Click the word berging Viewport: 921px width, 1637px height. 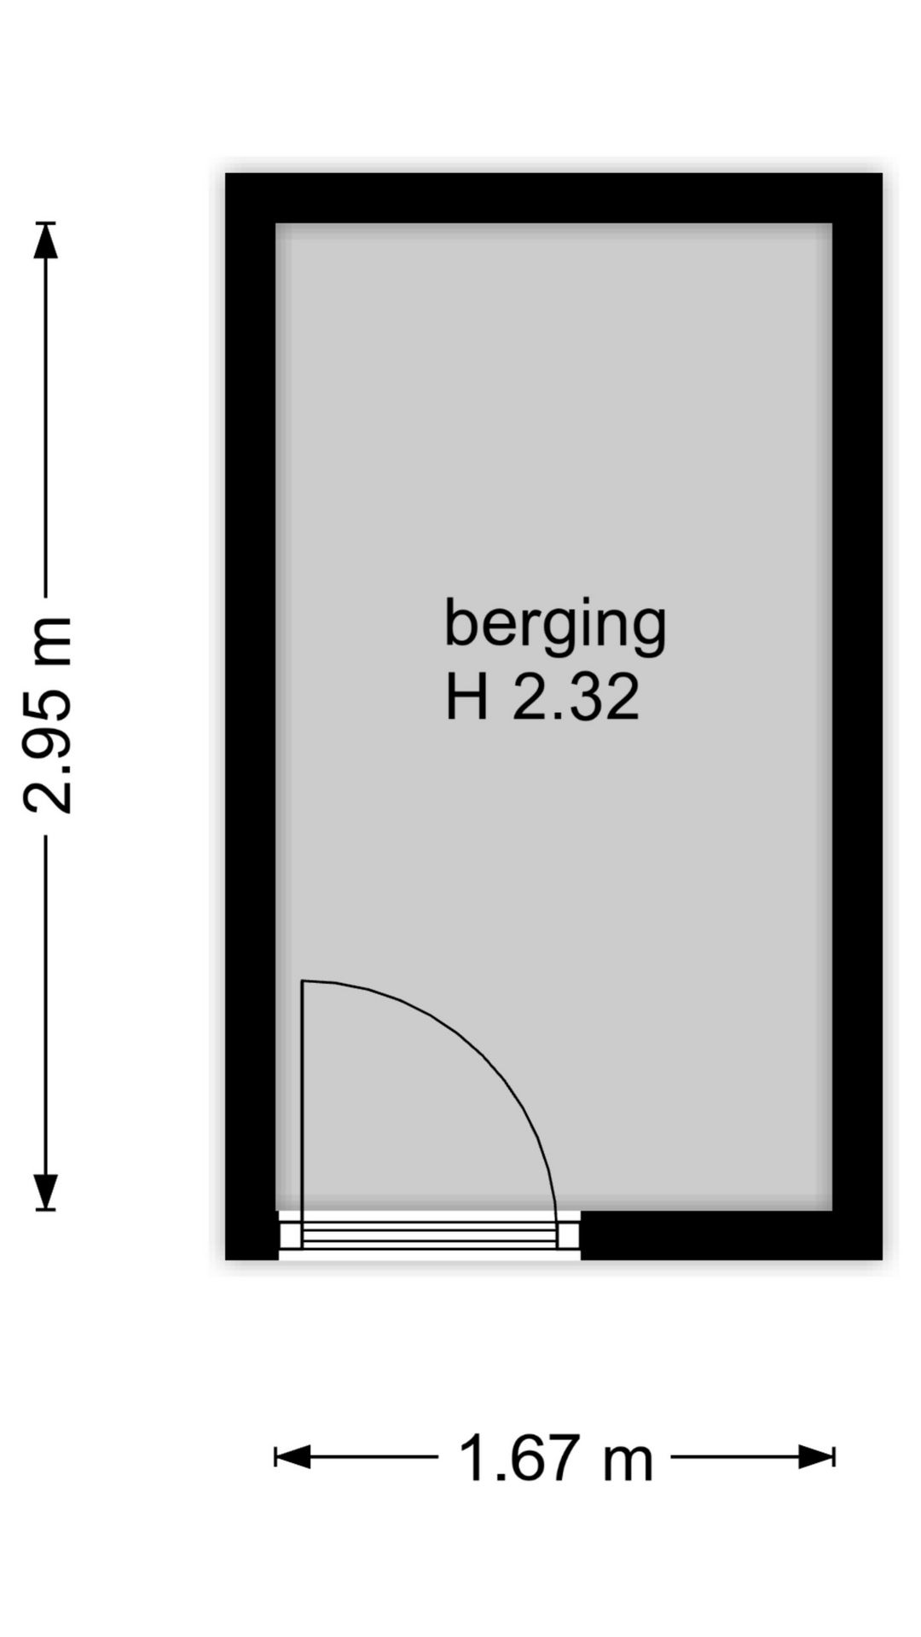click(554, 626)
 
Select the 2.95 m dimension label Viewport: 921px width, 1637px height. click(48, 714)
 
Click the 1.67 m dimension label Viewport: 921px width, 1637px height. click(555, 1458)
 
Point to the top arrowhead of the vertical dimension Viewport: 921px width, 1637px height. click(46, 240)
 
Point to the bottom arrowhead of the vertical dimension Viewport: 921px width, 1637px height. click(46, 1190)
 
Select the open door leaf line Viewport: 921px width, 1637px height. click(303, 1100)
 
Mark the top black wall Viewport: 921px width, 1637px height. click(554, 198)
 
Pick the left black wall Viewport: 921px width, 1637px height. click(250, 716)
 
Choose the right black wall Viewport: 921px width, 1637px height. click(857, 716)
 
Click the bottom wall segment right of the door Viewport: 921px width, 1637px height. click(730, 1235)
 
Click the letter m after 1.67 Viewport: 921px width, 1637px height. click(628, 1460)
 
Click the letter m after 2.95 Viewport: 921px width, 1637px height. click(48, 641)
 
